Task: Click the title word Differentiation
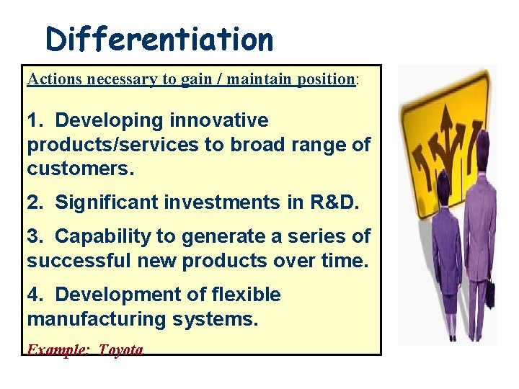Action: coord(159,39)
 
